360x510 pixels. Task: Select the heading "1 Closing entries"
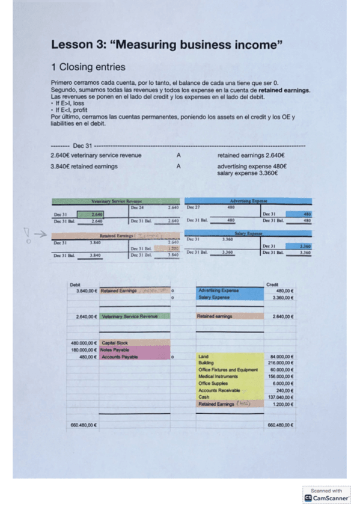pos(88,67)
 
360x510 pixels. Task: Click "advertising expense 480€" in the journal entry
pos(252,167)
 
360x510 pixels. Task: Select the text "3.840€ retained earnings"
pos(84,167)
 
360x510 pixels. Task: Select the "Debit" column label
pos(75,284)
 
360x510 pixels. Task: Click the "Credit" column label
pos(272,284)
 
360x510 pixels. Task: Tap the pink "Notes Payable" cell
pos(117,350)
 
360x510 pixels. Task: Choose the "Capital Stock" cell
pos(115,343)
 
